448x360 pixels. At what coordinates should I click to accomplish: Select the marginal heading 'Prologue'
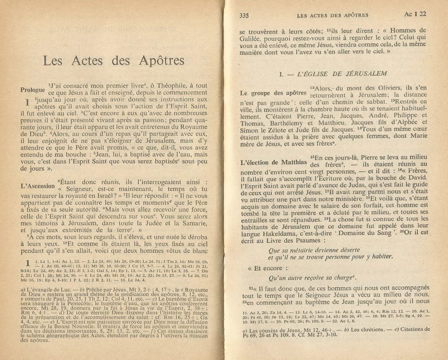[33, 90]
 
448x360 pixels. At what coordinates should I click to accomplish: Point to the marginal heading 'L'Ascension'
[37, 185]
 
